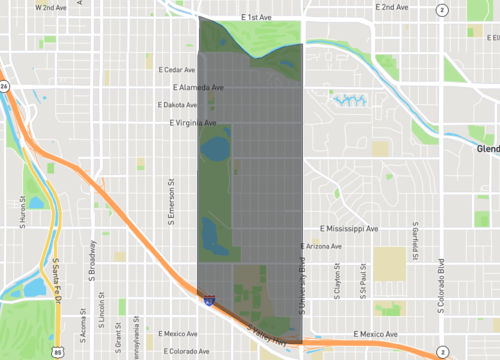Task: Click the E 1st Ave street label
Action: (258, 17)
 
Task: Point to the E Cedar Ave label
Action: (176, 70)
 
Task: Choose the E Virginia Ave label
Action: (191, 123)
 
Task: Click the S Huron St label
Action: (22, 210)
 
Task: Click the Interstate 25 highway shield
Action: (208, 298)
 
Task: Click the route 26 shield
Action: (4, 86)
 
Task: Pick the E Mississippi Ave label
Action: (343, 229)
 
